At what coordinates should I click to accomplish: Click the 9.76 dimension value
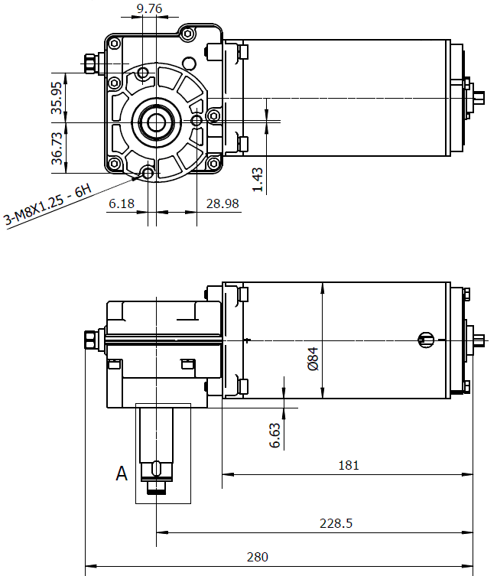click(149, 9)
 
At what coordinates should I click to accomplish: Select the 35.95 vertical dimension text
click(57, 97)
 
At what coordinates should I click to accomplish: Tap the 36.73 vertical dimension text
click(57, 147)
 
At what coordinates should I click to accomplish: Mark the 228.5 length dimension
click(336, 523)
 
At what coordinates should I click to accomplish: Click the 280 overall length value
click(258, 557)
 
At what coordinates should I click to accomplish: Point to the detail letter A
click(122, 474)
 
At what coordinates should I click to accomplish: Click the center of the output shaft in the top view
click(159, 122)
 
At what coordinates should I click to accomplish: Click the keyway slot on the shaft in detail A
click(157, 468)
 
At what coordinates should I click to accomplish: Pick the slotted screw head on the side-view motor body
click(425, 339)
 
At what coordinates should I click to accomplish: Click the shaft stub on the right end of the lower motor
click(478, 339)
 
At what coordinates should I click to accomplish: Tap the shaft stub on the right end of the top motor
click(479, 97)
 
